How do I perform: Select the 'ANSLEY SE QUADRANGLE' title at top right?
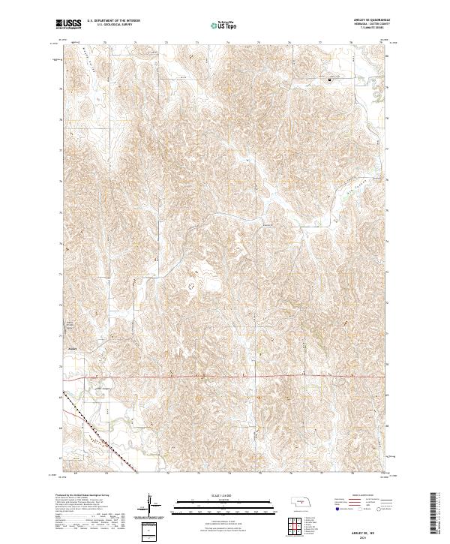367,20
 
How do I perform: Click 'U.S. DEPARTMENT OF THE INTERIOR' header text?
119,21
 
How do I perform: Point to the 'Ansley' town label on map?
73,347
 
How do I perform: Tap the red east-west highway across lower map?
225,376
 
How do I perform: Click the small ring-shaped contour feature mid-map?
190,286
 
